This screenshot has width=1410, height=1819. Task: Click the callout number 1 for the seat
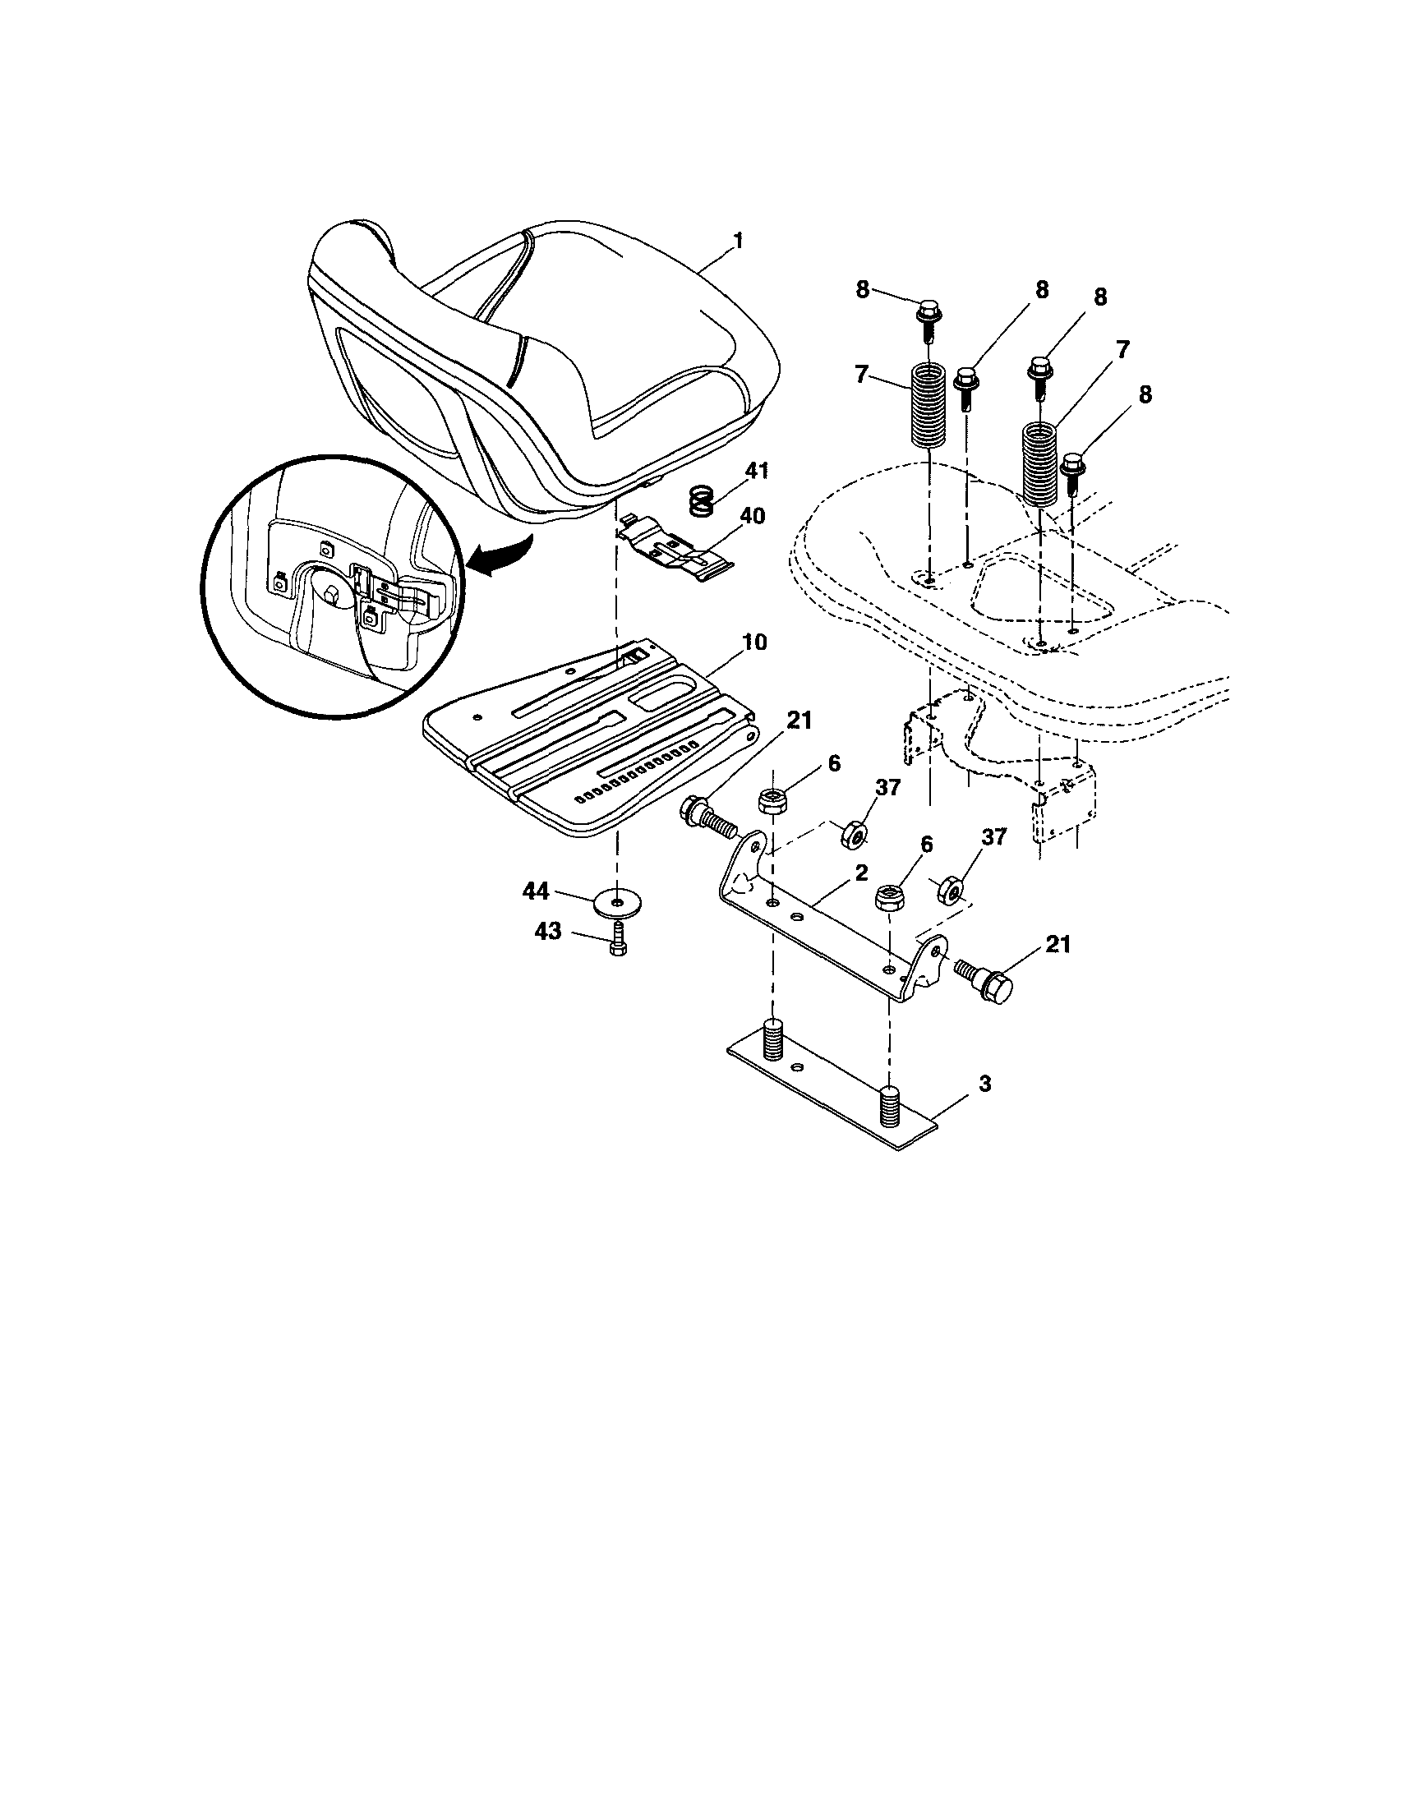click(737, 241)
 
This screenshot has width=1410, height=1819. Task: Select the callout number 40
click(751, 517)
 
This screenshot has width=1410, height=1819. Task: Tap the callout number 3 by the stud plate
click(984, 1084)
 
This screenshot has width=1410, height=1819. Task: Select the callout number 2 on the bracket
click(860, 872)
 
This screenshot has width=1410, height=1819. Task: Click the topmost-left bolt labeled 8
click(928, 317)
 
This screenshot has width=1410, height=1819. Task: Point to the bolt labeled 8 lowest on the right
click(1071, 471)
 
